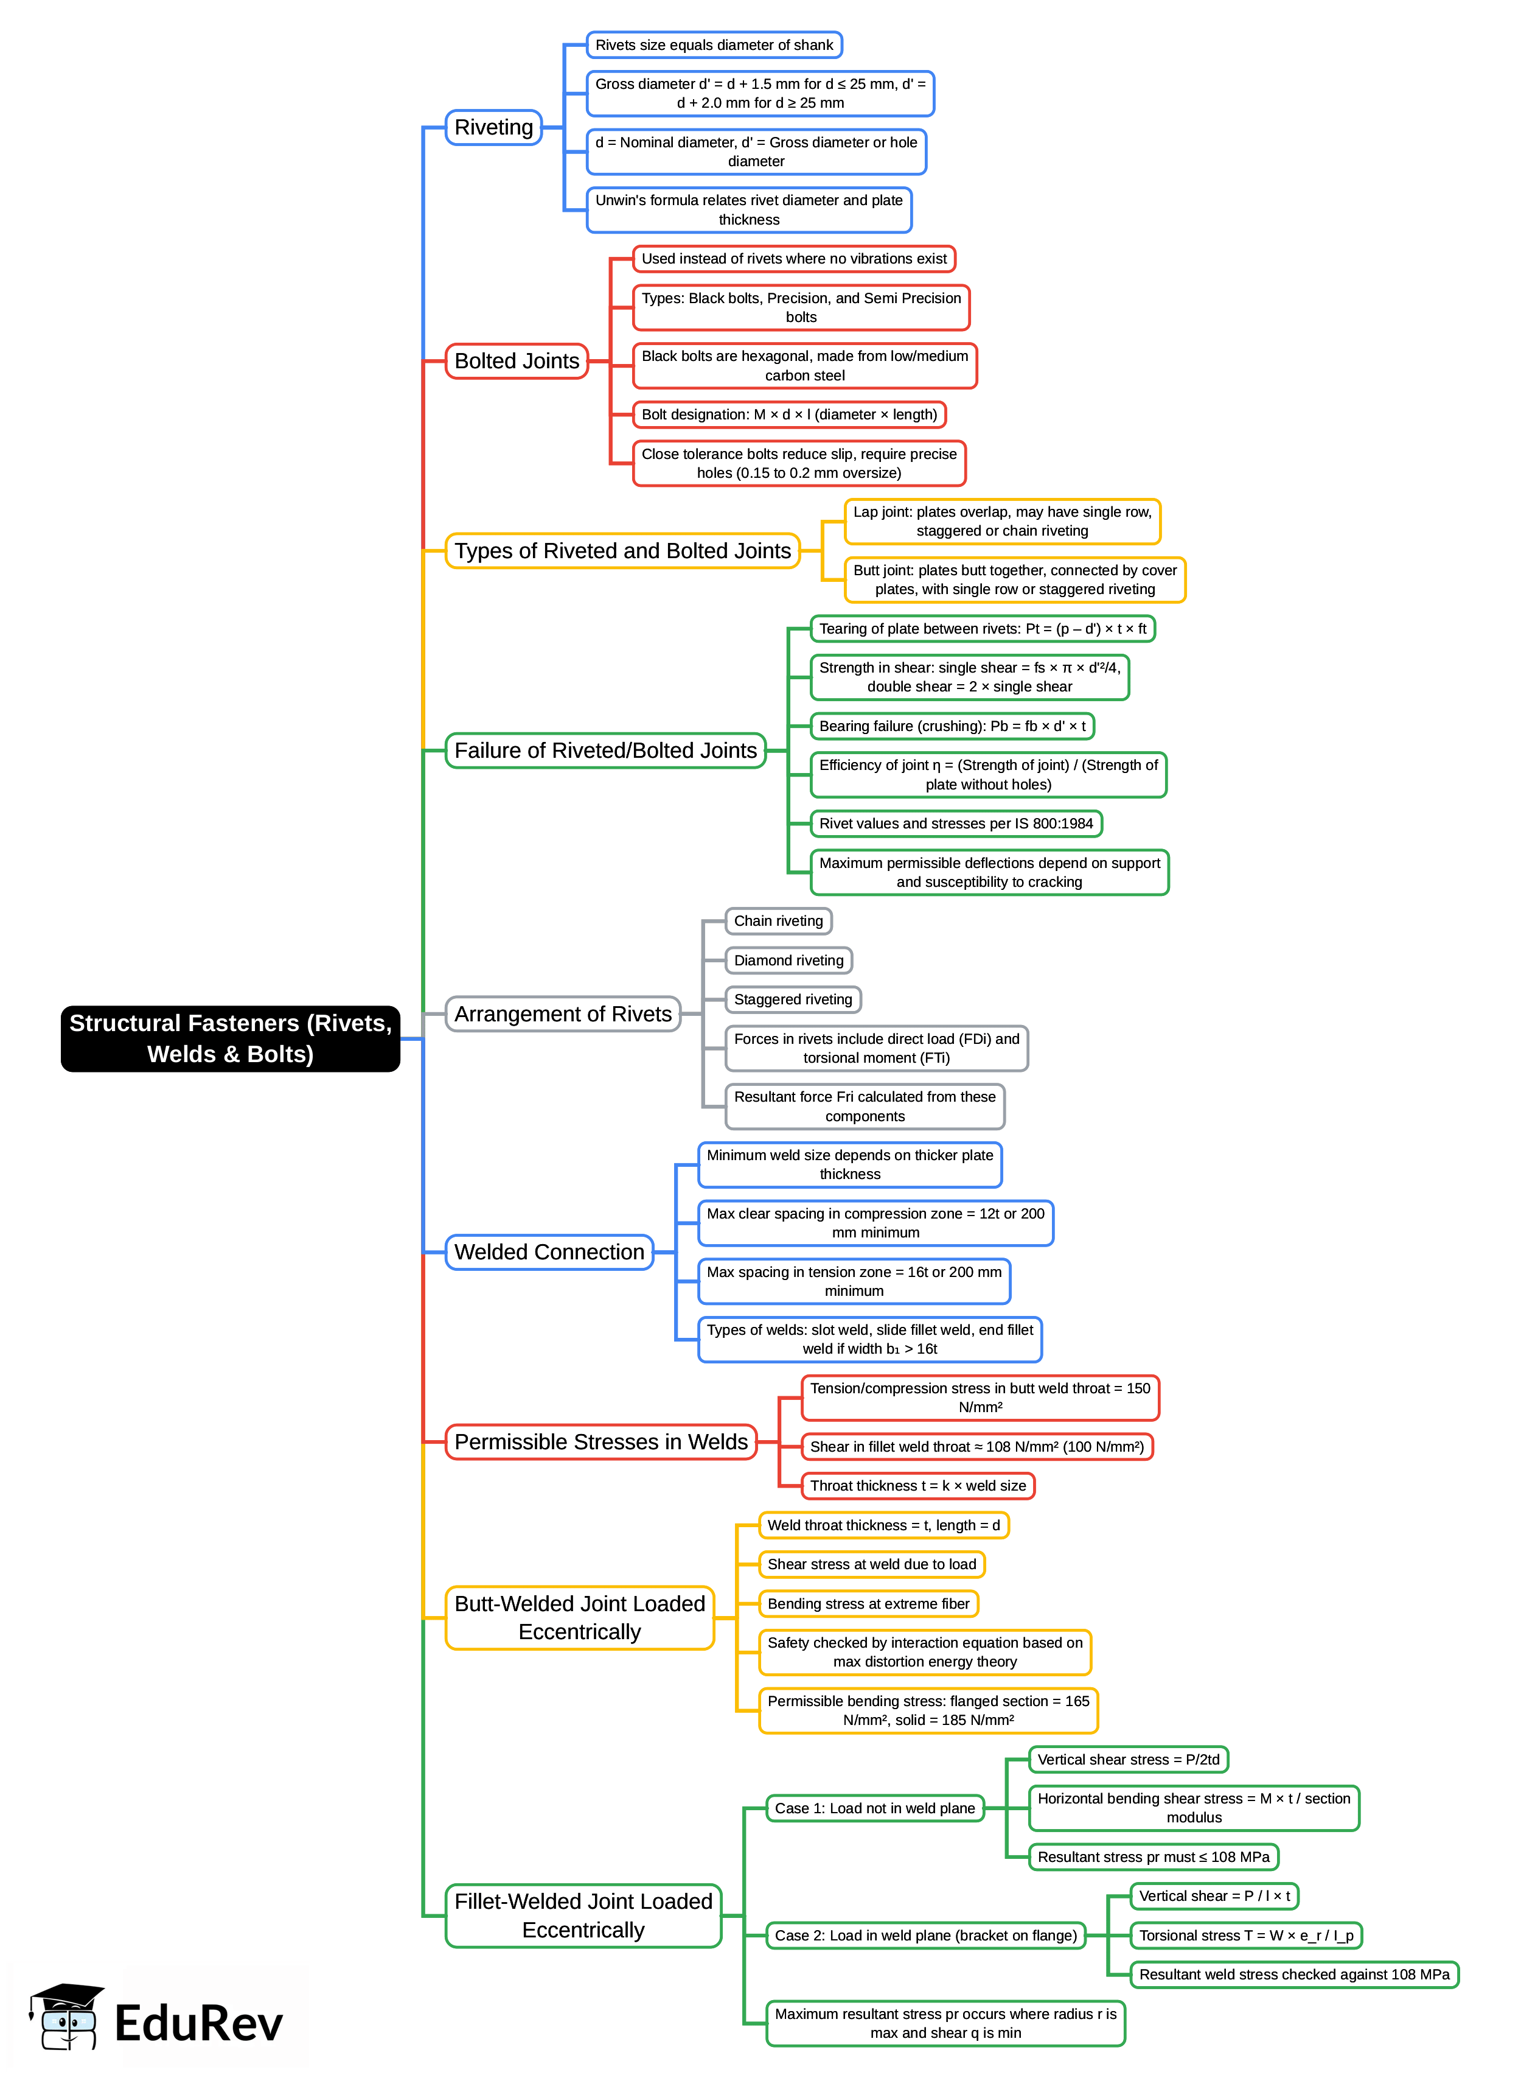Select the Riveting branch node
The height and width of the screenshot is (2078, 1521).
pyautogui.click(x=493, y=127)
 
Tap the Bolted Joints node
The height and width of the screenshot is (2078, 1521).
pyautogui.click(x=517, y=361)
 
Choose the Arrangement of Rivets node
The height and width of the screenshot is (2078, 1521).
pyautogui.click(x=563, y=1014)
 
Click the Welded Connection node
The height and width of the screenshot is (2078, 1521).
pyautogui.click(x=549, y=1252)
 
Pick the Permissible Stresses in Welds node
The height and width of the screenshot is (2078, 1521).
pyautogui.click(x=600, y=1441)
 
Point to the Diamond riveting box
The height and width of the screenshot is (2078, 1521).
pyautogui.click(x=788, y=960)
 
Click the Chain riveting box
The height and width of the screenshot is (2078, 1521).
pyautogui.click(x=778, y=921)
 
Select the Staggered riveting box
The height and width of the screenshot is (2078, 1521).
pyautogui.click(x=793, y=999)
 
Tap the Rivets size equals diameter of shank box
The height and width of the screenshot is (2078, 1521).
pyautogui.click(x=714, y=45)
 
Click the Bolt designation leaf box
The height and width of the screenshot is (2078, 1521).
pyautogui.click(x=789, y=415)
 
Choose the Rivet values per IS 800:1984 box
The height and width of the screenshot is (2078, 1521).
pyautogui.click(x=956, y=824)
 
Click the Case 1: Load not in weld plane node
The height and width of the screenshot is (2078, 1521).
pyautogui.click(x=875, y=1808)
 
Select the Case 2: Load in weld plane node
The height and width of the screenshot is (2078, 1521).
pyautogui.click(x=925, y=1935)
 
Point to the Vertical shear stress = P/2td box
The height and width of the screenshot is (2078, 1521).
pyautogui.click(x=1128, y=1759)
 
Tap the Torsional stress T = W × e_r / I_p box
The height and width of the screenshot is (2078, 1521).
pyautogui.click(x=1246, y=1935)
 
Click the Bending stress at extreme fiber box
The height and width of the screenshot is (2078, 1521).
pyautogui.click(x=868, y=1604)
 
